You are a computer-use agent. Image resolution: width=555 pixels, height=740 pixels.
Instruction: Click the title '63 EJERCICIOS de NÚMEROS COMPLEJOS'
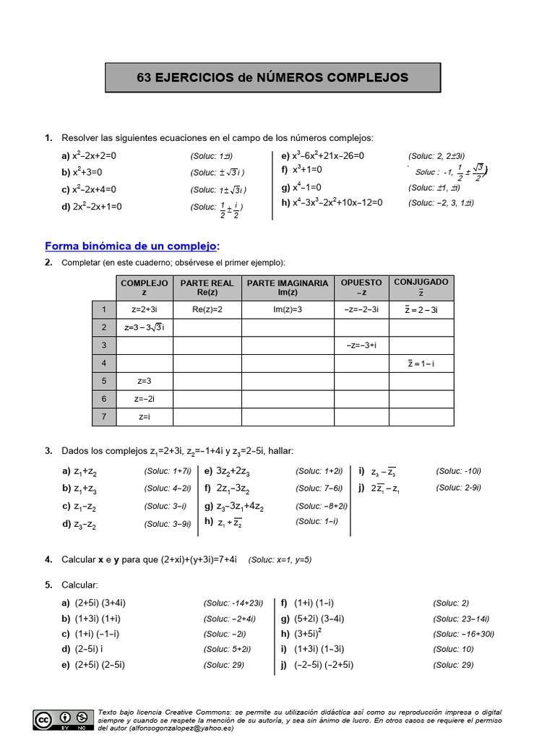click(x=272, y=78)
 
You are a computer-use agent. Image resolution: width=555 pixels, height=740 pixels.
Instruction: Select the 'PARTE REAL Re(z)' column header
click(x=207, y=288)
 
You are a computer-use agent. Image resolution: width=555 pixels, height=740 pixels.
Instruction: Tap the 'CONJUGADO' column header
click(x=421, y=286)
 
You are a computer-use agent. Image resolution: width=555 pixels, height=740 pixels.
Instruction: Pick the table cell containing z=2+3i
click(x=145, y=309)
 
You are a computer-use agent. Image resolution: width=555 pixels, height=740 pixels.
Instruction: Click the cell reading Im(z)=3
click(x=287, y=309)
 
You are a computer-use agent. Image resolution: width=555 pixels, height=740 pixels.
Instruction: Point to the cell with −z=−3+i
click(x=361, y=345)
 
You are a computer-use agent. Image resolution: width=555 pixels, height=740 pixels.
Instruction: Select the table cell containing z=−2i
click(x=145, y=399)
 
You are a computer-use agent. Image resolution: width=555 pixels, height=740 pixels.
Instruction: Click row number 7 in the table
click(x=104, y=417)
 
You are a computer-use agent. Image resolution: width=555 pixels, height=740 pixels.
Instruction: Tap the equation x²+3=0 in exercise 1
click(x=87, y=173)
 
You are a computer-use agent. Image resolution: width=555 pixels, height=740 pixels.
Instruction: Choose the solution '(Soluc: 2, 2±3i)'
click(x=436, y=155)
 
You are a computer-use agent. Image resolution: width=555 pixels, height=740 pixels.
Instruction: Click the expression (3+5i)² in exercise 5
click(x=310, y=634)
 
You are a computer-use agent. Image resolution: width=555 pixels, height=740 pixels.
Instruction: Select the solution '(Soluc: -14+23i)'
click(x=233, y=603)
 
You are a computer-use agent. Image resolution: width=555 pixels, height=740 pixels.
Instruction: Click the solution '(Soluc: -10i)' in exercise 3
click(x=458, y=471)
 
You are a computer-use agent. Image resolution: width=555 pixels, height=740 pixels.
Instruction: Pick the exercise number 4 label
click(x=48, y=559)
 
